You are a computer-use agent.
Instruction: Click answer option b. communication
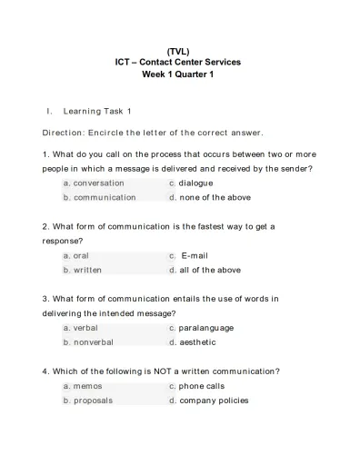(99, 197)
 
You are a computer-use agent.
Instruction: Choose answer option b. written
(82, 270)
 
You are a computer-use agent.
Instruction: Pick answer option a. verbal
(80, 327)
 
